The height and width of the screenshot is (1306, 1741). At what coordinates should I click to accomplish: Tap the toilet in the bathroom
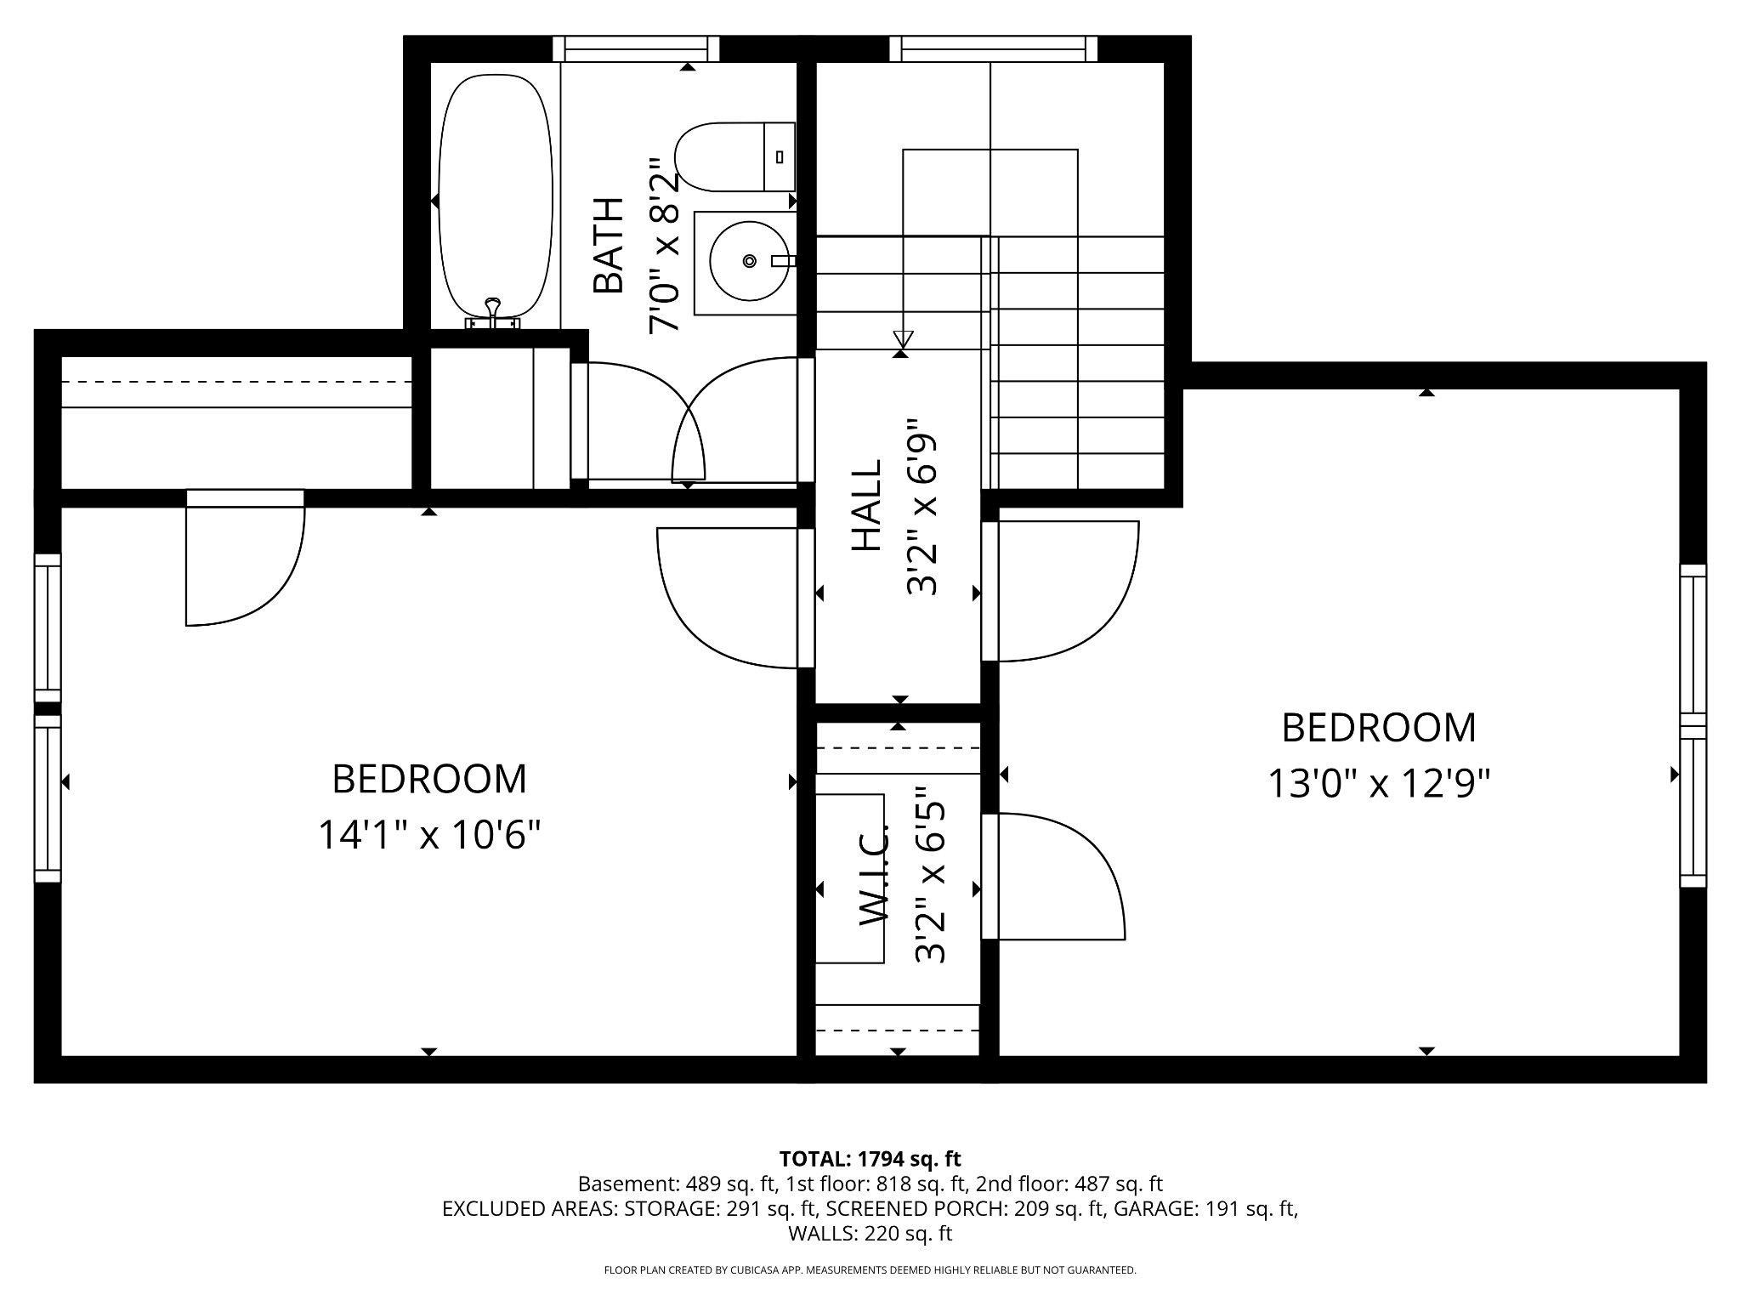pyautogui.click(x=731, y=156)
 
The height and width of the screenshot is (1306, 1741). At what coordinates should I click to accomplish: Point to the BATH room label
pyautogui.click(x=609, y=246)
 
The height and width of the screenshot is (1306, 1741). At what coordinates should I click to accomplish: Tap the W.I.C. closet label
pyautogui.click(x=874, y=876)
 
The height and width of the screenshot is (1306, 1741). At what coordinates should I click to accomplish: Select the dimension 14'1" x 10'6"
pyautogui.click(x=429, y=835)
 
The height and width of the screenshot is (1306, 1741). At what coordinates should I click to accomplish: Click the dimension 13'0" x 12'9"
pyautogui.click(x=1379, y=783)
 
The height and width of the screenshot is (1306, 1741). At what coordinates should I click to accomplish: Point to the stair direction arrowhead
pyautogui.click(x=902, y=339)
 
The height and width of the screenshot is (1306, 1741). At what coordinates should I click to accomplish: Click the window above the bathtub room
pyautogui.click(x=636, y=49)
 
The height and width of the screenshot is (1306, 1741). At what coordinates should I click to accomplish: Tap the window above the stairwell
pyautogui.click(x=993, y=49)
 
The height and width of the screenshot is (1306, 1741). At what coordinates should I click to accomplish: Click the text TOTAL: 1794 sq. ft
pyautogui.click(x=870, y=1158)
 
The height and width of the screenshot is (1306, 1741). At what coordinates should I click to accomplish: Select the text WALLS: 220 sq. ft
pyautogui.click(x=870, y=1233)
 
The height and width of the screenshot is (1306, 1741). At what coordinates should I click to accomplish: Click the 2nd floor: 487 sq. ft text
pyautogui.click(x=1069, y=1184)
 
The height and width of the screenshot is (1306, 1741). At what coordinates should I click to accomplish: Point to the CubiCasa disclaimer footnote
pyautogui.click(x=870, y=1270)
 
